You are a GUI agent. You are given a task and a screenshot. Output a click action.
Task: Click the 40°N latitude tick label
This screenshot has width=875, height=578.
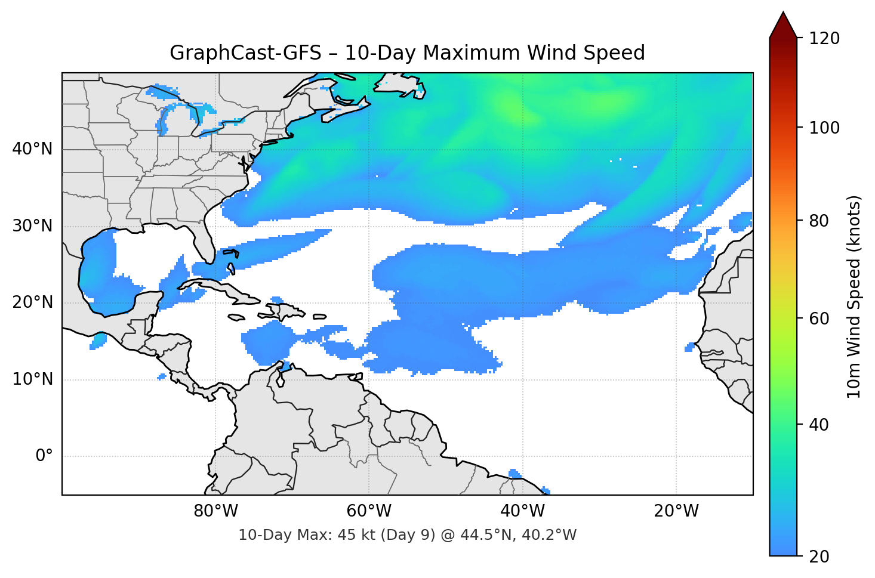click(x=32, y=149)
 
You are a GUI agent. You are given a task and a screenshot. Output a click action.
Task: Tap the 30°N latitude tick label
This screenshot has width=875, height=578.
click(x=32, y=226)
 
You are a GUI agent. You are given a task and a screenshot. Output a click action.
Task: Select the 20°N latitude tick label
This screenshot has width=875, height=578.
click(x=32, y=302)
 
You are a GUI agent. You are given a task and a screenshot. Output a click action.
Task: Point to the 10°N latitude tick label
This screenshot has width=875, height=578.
click(x=32, y=379)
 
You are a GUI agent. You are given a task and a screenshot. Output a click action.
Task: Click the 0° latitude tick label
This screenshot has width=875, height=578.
click(x=44, y=456)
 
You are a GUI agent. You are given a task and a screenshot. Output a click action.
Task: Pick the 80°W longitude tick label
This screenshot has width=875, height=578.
click(x=215, y=511)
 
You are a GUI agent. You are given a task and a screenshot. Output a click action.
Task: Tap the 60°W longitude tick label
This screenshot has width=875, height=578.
click(x=369, y=511)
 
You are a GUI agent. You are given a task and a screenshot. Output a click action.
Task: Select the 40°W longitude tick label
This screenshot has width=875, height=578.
click(x=522, y=511)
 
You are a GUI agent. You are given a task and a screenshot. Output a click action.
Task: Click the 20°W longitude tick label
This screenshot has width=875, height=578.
click(x=676, y=511)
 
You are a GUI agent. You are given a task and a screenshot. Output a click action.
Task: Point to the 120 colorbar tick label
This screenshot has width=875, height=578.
click(x=824, y=38)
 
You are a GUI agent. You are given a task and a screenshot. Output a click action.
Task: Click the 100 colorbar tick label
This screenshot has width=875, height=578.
click(x=824, y=128)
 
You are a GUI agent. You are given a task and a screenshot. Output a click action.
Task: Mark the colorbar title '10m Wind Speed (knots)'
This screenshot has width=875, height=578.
click(x=854, y=296)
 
